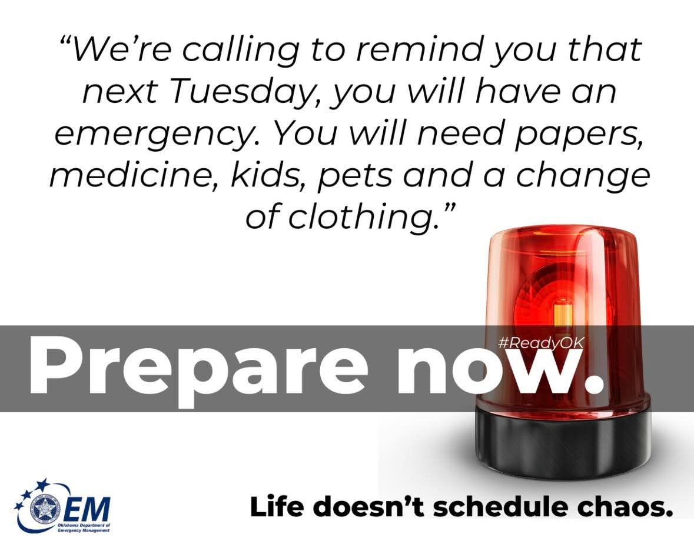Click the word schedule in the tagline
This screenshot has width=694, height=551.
[504, 507]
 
